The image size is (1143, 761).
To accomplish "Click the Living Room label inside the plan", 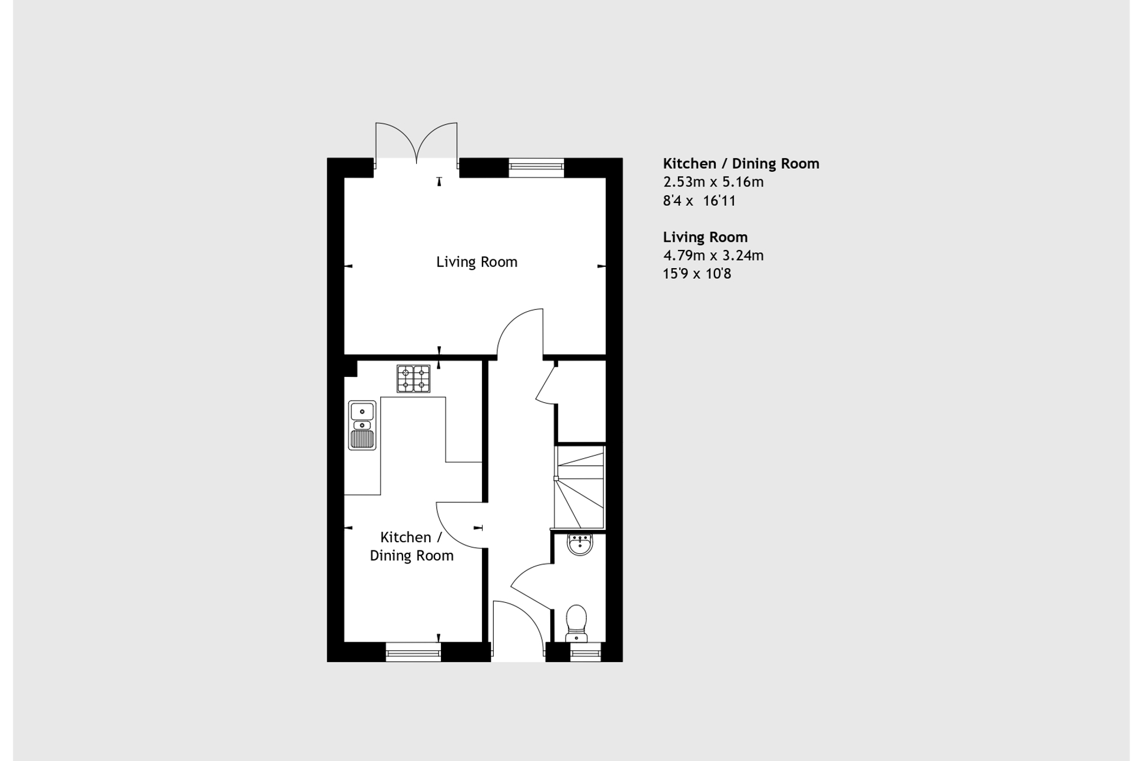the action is click(x=476, y=262).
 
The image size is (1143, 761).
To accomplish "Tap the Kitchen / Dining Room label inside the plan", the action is click(x=411, y=546).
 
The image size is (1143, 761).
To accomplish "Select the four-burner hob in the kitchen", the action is click(x=413, y=379).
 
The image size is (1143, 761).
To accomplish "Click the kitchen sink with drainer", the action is click(x=362, y=425).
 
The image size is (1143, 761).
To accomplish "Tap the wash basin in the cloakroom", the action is click(x=580, y=544).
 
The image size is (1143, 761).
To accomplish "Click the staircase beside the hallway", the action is click(x=580, y=488).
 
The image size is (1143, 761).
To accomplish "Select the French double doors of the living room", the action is click(x=416, y=143).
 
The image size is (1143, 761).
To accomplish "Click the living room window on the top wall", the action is click(x=536, y=168).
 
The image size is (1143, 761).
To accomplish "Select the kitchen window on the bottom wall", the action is click(x=413, y=652).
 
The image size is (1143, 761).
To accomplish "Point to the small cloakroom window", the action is click(x=586, y=652).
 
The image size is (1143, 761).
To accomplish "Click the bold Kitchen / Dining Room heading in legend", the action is click(x=741, y=163).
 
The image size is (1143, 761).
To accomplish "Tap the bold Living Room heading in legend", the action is click(x=705, y=237).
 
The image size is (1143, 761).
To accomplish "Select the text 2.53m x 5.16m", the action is click(x=713, y=182).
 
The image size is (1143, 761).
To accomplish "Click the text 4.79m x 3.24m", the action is click(x=713, y=255).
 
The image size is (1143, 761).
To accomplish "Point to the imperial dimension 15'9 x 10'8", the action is click(x=697, y=273).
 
